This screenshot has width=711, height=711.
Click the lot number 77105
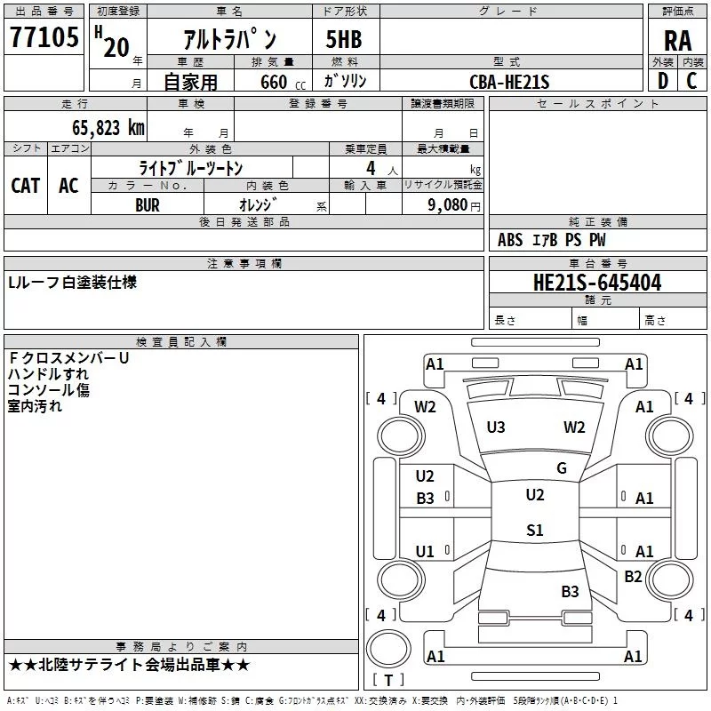(44, 36)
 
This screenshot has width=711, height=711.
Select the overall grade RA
(678, 41)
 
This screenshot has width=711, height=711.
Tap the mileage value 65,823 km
(108, 127)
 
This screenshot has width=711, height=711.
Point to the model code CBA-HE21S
(509, 82)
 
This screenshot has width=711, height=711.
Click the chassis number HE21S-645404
(597, 283)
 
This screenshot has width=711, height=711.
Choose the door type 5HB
(344, 39)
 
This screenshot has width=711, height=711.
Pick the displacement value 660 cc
(283, 83)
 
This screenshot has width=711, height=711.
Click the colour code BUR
(148, 205)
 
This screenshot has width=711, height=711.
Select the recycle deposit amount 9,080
(448, 204)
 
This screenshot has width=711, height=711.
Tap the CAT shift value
(26, 186)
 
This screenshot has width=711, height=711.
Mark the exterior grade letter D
(663, 81)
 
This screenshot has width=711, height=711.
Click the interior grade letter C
(691, 81)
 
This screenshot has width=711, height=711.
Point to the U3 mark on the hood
(496, 427)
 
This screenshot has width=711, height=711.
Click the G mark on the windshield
(562, 468)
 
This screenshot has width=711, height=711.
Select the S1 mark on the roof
(535, 530)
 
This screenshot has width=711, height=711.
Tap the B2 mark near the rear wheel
(633, 576)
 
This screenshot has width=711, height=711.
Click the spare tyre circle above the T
(388, 649)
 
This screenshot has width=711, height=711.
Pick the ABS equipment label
(510, 240)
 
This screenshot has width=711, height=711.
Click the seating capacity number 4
(371, 168)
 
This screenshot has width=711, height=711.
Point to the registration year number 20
(116, 47)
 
